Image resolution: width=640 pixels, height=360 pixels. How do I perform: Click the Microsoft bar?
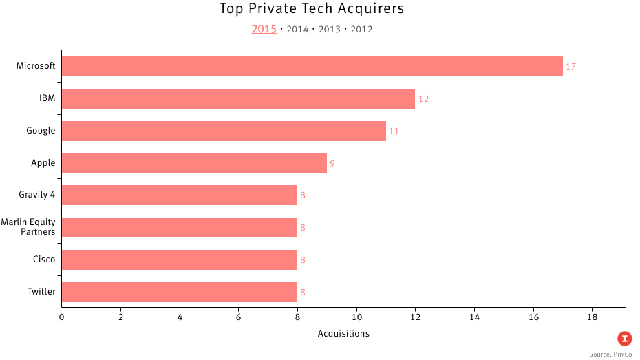tap(312, 67)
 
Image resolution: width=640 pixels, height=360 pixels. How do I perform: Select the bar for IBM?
tap(238, 98)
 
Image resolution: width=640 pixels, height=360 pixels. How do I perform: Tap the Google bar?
tap(224, 131)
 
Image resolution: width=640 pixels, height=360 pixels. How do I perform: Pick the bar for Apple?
tap(194, 163)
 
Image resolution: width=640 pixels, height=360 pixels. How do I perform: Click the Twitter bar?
tap(179, 292)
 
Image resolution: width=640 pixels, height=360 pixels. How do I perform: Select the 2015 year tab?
tap(264, 29)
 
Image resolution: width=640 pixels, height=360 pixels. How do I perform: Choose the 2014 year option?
tap(297, 30)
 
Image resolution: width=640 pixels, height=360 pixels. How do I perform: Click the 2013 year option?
tap(330, 30)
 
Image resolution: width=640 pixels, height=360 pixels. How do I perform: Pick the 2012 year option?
tap(361, 30)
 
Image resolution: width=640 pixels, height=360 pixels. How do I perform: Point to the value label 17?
tap(570, 67)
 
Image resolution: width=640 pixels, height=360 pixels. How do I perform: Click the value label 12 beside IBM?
tap(423, 99)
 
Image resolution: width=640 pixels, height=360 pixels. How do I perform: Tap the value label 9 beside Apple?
tap(332, 164)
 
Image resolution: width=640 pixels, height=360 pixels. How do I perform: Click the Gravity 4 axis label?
tap(37, 195)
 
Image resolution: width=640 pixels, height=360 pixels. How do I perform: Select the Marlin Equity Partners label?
tap(29, 226)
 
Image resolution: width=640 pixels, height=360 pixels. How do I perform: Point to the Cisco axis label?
tap(44, 260)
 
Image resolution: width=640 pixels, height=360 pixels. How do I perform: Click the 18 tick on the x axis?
tap(592, 317)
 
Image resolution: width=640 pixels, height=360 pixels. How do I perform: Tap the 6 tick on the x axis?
tap(238, 317)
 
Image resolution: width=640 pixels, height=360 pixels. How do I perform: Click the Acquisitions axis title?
tap(343, 334)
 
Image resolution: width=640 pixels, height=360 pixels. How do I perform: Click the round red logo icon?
tap(624, 338)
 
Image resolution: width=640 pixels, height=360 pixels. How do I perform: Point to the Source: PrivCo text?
tap(609, 353)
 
